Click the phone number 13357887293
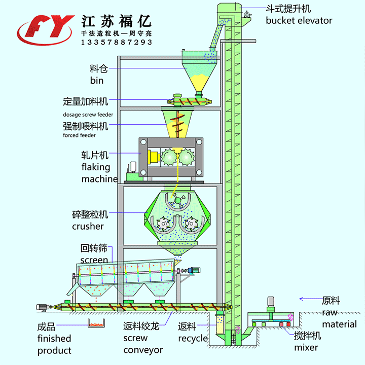(117, 42)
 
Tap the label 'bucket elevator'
(299, 21)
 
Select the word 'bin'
(97, 80)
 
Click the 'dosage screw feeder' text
(88, 115)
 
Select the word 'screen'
(94, 260)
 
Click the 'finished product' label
(54, 344)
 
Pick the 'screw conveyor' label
(143, 344)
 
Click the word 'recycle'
(193, 338)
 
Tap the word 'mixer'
(306, 347)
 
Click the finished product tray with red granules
(95, 323)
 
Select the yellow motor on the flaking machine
(151, 157)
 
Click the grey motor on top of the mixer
(270, 300)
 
